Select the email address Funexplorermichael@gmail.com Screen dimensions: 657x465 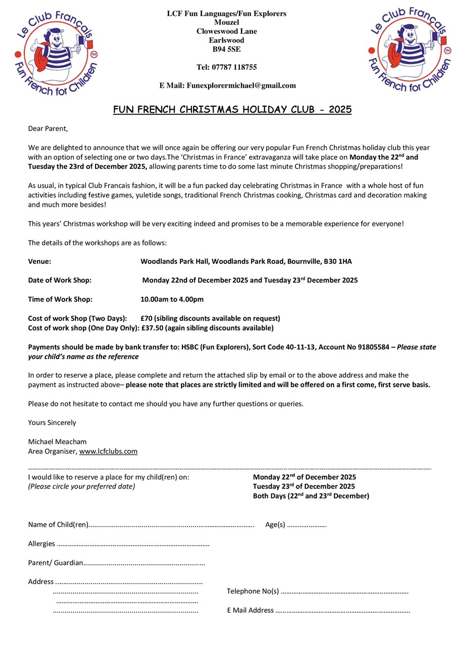tap(241, 86)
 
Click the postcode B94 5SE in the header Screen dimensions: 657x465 tap(227, 50)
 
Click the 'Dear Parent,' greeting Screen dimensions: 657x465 tap(48, 128)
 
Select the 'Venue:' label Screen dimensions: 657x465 tap(40, 261)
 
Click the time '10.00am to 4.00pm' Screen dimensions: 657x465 tap(172, 299)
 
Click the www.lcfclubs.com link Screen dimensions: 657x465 tap(108, 452)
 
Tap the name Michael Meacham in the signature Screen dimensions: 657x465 tap(57, 441)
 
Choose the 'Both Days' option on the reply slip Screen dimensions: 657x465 tap(311, 496)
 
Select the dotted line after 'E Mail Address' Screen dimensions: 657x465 tap(343, 611)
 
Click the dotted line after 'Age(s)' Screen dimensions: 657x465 tap(307, 525)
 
